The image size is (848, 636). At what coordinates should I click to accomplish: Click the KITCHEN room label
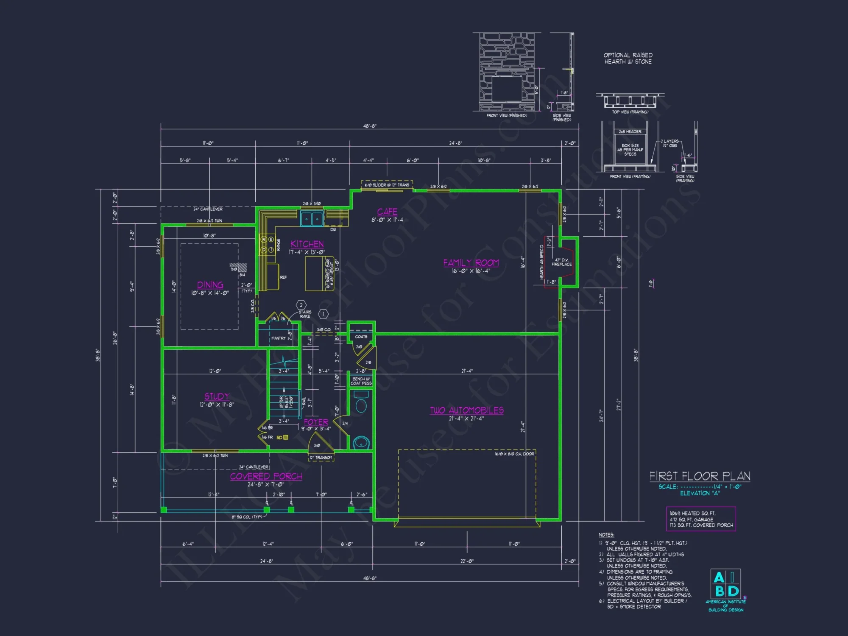point(307,244)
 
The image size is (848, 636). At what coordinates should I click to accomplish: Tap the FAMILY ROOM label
point(471,263)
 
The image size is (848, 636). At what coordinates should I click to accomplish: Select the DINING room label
point(210,285)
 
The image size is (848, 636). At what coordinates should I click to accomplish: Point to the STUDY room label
point(217,396)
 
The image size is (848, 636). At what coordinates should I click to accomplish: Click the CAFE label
point(387,212)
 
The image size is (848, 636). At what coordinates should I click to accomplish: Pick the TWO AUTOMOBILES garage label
point(467,410)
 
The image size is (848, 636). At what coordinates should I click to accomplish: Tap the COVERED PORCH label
point(266,477)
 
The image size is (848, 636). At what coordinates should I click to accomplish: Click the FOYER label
point(316,422)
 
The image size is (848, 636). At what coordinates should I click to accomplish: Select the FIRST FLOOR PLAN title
point(700,476)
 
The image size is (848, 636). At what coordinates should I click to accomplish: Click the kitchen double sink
point(312,219)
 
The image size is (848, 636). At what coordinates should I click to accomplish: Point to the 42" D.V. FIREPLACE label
point(561,262)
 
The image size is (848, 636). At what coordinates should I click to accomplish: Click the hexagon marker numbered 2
point(301,305)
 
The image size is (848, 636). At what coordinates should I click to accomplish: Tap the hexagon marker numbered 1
point(323,314)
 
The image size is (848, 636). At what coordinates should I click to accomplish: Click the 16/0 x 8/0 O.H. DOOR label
point(514,454)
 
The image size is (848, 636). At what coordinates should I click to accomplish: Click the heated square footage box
point(701,519)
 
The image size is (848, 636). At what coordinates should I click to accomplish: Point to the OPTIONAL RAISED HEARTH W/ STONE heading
point(628,59)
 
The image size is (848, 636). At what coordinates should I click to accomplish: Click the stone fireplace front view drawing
point(507,72)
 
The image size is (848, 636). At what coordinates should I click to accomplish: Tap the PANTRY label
point(278,338)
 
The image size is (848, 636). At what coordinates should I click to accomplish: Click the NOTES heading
point(606,535)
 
